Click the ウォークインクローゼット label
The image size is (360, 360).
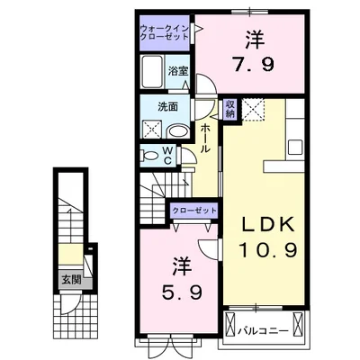[x=165, y=32]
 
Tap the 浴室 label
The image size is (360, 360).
[x=178, y=71]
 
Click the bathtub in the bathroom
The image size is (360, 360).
[x=152, y=72]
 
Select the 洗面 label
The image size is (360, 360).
[x=168, y=107]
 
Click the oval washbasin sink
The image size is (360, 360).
[x=177, y=131]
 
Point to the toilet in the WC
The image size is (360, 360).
[x=151, y=156]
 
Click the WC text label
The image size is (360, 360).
[x=167, y=156]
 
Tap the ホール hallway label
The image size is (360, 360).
[x=204, y=138]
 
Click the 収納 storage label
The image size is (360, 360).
[x=230, y=109]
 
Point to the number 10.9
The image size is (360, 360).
[x=268, y=250]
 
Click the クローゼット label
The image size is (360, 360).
[x=193, y=211]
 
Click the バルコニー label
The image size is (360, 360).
[x=263, y=331]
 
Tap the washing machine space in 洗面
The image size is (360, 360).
[x=152, y=130]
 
